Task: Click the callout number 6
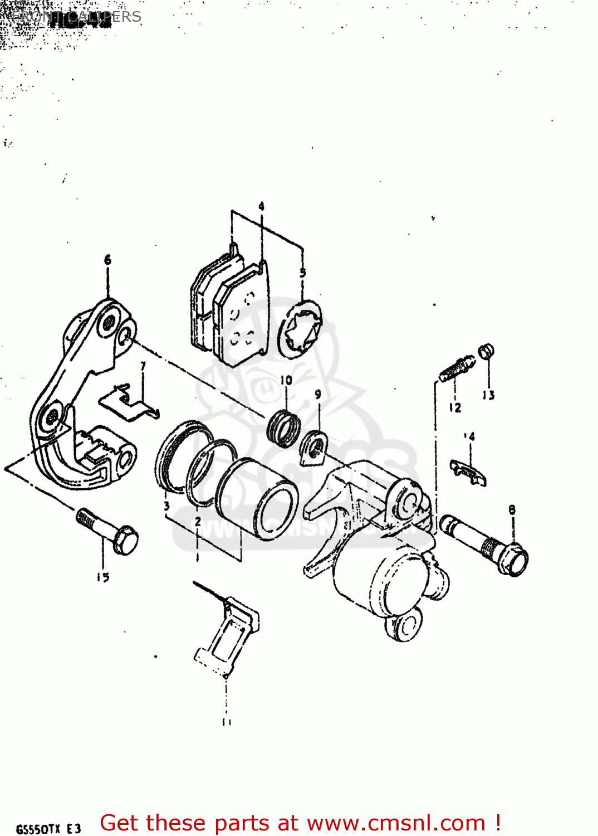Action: [x=107, y=260]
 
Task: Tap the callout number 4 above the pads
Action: [x=261, y=207]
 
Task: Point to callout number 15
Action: [x=103, y=577]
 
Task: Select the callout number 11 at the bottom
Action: [x=227, y=722]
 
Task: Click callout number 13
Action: [x=488, y=395]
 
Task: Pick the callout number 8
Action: [x=512, y=509]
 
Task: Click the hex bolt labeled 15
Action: [x=109, y=531]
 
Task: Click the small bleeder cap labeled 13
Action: [x=486, y=351]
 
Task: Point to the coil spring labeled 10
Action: [x=284, y=427]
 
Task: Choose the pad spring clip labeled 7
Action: [x=129, y=401]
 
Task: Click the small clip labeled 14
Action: [x=468, y=472]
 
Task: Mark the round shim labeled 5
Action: [x=301, y=329]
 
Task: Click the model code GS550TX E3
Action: [x=49, y=828]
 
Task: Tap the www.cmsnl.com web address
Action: [x=396, y=823]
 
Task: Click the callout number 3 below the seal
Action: [x=166, y=506]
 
